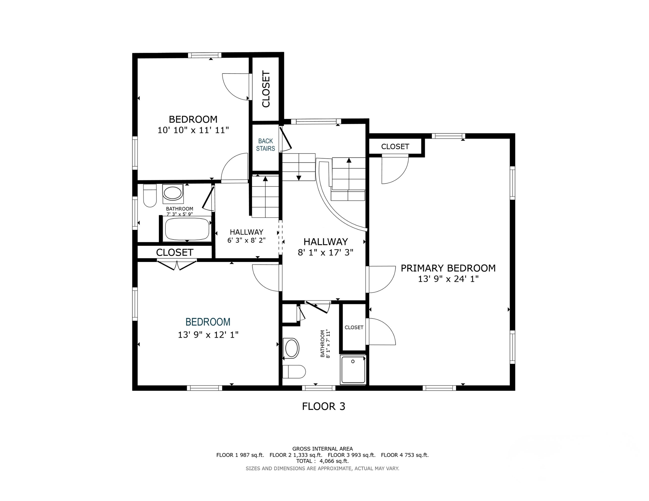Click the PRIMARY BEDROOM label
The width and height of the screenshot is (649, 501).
(448, 268)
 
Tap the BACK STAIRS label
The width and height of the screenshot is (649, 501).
(265, 145)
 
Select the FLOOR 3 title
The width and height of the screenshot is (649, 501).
(324, 406)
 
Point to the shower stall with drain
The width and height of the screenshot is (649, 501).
(353, 370)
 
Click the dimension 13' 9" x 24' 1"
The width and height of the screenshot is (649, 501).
(448, 279)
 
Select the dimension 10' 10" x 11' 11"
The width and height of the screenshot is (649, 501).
(193, 130)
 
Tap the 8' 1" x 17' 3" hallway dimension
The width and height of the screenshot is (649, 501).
(325, 252)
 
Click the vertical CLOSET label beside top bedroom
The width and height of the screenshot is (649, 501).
(266, 89)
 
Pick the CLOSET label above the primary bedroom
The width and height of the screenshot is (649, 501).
(395, 146)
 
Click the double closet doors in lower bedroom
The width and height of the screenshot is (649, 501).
(177, 265)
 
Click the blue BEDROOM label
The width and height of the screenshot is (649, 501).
(208, 322)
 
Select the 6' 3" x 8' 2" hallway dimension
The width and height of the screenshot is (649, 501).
(246, 240)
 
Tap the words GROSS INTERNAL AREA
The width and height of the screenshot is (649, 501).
(322, 449)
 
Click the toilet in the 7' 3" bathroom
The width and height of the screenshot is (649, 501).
(150, 195)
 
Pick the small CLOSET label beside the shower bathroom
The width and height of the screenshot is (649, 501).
(354, 327)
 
